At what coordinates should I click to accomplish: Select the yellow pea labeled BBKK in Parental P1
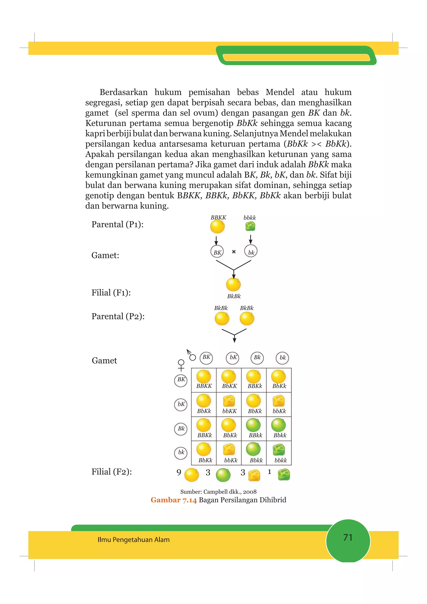pyautogui.click(x=217, y=227)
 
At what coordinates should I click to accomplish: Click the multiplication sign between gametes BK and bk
pyautogui.click(x=234, y=252)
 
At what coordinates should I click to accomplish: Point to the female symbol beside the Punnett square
pyautogui.click(x=181, y=365)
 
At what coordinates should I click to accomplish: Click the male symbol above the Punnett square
pyautogui.click(x=191, y=355)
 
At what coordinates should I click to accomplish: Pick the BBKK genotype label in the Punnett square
pyautogui.click(x=204, y=386)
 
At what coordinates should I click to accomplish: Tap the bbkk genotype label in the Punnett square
pyautogui.click(x=280, y=460)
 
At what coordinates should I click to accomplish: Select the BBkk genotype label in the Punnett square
pyautogui.click(x=255, y=435)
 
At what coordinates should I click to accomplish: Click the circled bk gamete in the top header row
pyautogui.click(x=283, y=358)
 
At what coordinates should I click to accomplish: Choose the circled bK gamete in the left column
pyautogui.click(x=181, y=405)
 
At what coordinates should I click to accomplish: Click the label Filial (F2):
pyautogui.click(x=112, y=472)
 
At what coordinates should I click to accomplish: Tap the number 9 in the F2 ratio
pyautogui.click(x=179, y=472)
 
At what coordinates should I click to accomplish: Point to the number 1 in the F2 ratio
pyautogui.click(x=269, y=472)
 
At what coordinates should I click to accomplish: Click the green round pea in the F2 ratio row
pyautogui.click(x=223, y=475)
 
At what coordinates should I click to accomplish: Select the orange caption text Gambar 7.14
pyautogui.click(x=174, y=500)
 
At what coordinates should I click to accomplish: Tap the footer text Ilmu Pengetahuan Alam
pyautogui.click(x=133, y=540)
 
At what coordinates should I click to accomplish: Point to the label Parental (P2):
pyautogui.click(x=118, y=316)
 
